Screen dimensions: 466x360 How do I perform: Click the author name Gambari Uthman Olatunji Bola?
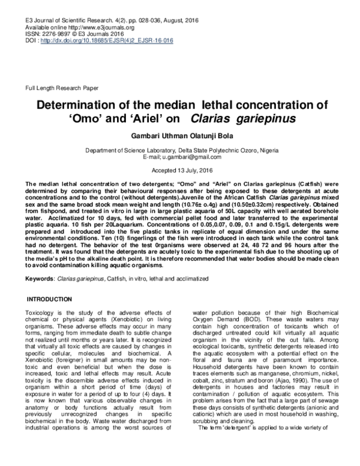click(x=179, y=136)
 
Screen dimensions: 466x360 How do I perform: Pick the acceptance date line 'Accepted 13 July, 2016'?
click(x=179, y=170)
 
